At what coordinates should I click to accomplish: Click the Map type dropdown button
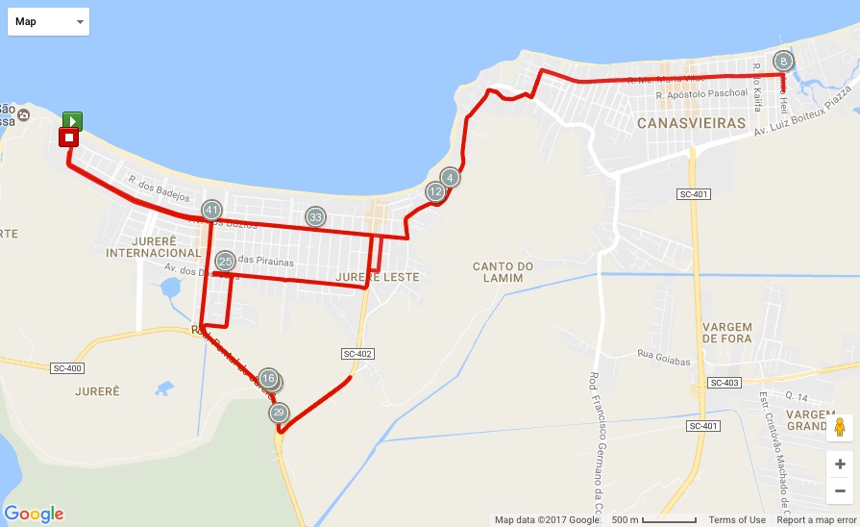pyautogui.click(x=48, y=21)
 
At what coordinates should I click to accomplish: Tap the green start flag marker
pyautogui.click(x=72, y=120)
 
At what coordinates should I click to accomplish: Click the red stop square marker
pyautogui.click(x=68, y=138)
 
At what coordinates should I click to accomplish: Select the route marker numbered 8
pyautogui.click(x=784, y=61)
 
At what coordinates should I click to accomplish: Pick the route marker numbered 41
pyautogui.click(x=212, y=210)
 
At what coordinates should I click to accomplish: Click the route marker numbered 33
pyautogui.click(x=315, y=216)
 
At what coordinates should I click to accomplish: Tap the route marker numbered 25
pyautogui.click(x=226, y=261)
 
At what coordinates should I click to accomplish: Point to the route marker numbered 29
pyautogui.click(x=279, y=414)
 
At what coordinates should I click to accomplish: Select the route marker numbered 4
pyautogui.click(x=450, y=177)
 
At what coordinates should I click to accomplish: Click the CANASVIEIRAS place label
pyautogui.click(x=692, y=124)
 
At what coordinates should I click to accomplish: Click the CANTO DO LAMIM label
pyautogui.click(x=498, y=272)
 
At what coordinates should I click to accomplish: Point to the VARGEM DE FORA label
pyautogui.click(x=726, y=333)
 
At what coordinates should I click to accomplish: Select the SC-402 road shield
pyautogui.click(x=356, y=354)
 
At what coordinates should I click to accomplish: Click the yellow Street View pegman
pyautogui.click(x=840, y=428)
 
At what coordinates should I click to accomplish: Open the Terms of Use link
pyautogui.click(x=737, y=520)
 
